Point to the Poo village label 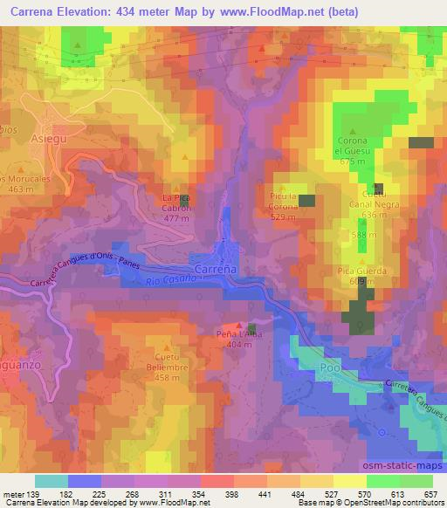(x=329, y=368)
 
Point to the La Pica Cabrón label (x=176, y=203)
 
